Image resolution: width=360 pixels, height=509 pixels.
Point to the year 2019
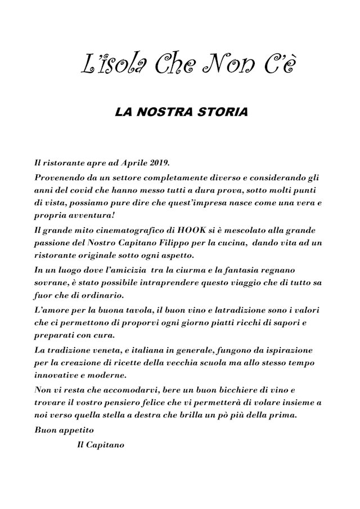(159, 163)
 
